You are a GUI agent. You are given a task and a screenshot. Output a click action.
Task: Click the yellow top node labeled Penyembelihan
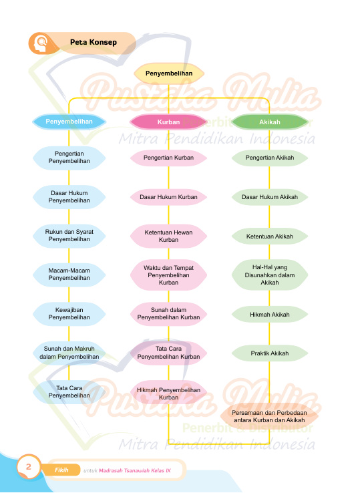169,73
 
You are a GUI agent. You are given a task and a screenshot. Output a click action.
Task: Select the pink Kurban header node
168,122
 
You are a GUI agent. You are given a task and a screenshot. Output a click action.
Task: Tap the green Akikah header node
269,122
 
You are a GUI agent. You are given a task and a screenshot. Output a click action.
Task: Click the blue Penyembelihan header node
69,122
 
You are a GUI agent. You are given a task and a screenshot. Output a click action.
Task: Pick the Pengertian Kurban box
168,158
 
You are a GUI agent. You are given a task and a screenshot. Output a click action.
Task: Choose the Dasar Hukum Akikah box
269,197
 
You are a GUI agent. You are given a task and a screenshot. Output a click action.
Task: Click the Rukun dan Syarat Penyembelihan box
69,236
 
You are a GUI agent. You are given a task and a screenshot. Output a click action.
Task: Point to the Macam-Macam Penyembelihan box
69,274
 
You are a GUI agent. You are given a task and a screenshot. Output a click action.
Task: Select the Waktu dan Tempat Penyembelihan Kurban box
168,275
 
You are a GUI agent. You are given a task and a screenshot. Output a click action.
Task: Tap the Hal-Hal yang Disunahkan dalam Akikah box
269,275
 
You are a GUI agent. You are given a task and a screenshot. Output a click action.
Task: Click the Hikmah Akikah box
269,315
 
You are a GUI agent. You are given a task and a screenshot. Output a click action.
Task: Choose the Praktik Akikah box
269,353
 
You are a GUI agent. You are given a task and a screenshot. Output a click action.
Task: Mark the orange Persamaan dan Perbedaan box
269,416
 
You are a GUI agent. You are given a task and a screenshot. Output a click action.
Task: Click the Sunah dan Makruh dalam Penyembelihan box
69,353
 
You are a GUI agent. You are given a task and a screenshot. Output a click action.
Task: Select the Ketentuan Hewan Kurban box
168,236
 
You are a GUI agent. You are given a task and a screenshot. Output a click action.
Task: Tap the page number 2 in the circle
29,466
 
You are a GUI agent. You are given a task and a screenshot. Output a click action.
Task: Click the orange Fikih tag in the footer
61,470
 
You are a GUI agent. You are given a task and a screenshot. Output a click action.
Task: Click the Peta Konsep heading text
94,43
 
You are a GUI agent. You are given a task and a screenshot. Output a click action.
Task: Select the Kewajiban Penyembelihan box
69,314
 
